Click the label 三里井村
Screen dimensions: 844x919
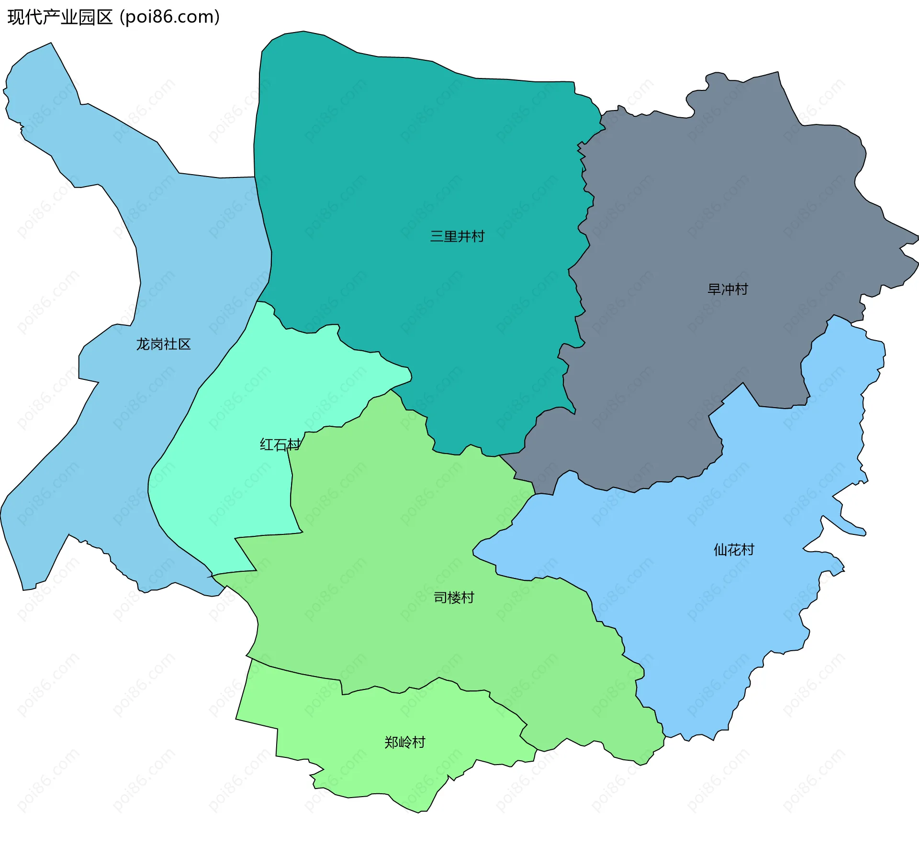pos(457,236)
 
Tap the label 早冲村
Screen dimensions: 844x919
pos(728,289)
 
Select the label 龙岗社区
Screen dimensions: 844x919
pos(164,344)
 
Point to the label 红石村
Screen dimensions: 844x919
pos(280,445)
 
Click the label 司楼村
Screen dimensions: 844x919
pos(454,598)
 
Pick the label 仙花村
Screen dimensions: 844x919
pos(734,550)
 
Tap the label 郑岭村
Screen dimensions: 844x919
pos(405,742)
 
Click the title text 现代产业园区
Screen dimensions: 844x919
pos(60,17)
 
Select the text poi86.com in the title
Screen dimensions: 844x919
pos(169,17)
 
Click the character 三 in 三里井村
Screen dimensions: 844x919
pos(437,236)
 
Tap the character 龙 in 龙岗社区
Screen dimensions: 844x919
pos(143,344)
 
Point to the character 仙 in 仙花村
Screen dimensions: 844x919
pos(720,550)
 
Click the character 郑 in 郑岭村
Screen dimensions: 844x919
pos(392,742)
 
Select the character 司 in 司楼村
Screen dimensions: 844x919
pos(440,598)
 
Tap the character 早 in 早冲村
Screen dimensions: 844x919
pos(714,289)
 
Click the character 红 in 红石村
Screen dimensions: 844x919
pos(267,445)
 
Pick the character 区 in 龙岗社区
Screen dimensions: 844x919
pos(184,344)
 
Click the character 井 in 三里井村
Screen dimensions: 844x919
pos(464,236)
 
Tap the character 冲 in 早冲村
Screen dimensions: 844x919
pos(728,289)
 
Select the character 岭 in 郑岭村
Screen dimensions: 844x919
pos(405,742)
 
